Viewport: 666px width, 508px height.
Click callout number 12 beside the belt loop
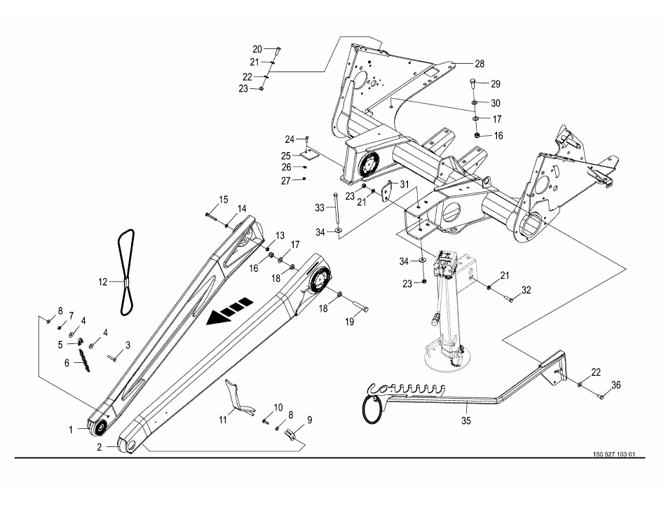click(x=103, y=282)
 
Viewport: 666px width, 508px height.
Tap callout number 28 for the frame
click(x=480, y=64)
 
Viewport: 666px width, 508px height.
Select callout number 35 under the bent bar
click(x=466, y=420)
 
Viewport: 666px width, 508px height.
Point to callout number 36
click(x=616, y=385)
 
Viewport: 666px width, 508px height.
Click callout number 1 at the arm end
click(x=72, y=430)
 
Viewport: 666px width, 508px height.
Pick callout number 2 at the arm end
click(x=100, y=447)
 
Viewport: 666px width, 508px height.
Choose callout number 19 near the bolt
click(x=349, y=322)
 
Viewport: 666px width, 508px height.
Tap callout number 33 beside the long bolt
click(x=320, y=207)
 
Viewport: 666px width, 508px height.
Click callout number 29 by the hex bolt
click(x=496, y=84)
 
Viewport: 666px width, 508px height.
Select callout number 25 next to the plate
click(x=286, y=156)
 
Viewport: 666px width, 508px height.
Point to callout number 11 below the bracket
click(x=223, y=420)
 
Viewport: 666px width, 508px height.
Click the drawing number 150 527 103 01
click(x=613, y=454)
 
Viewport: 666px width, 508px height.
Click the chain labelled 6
click(x=83, y=361)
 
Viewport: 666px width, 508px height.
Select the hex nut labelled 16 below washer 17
click(x=477, y=135)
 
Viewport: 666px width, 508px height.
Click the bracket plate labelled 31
click(x=388, y=191)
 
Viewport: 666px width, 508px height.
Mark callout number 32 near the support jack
click(x=526, y=290)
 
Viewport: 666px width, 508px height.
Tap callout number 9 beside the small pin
click(x=310, y=420)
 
